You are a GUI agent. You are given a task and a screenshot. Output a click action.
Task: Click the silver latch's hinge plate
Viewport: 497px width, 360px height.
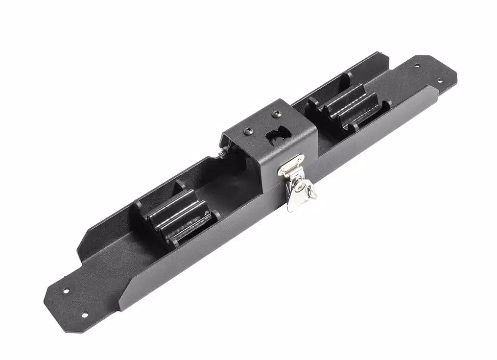coord(291,165)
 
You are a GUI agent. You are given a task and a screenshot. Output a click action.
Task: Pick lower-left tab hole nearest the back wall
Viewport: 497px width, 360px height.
coord(66,291)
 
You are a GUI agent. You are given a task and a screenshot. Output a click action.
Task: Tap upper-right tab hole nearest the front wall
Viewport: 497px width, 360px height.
coord(439,81)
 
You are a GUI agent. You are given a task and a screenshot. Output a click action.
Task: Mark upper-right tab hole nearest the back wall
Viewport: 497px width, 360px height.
coord(417,65)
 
